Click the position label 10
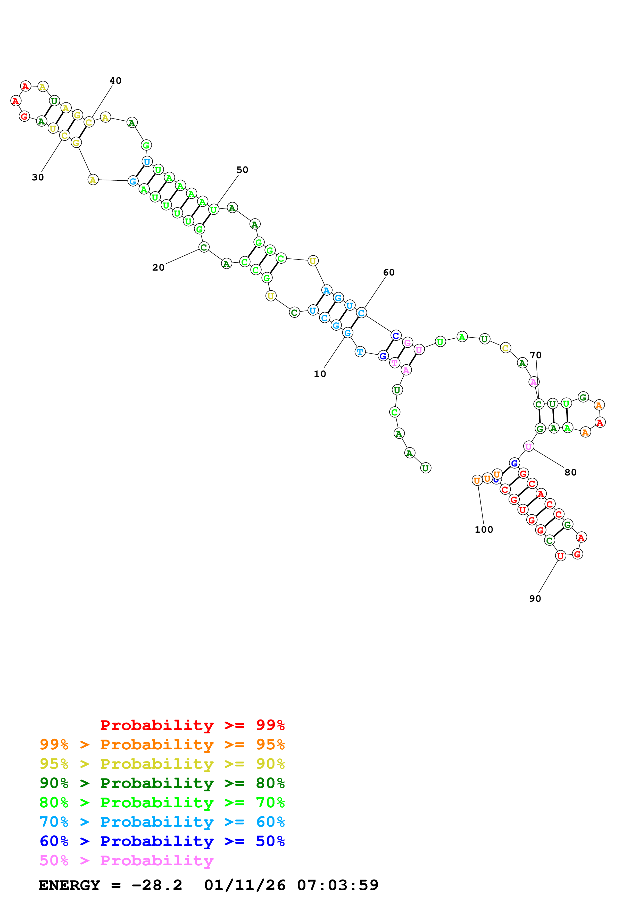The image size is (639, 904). pyautogui.click(x=320, y=374)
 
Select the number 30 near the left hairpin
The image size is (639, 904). pyautogui.click(x=38, y=177)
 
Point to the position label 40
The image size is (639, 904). pyautogui.click(x=115, y=81)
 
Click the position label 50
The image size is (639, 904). pyautogui.click(x=242, y=170)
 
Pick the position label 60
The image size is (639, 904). pyautogui.click(x=389, y=272)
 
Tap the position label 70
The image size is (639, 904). pyautogui.click(x=535, y=355)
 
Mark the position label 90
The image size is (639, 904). pyautogui.click(x=535, y=598)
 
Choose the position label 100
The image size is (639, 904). pyautogui.click(x=484, y=530)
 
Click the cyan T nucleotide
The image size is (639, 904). pyautogui.click(x=360, y=351)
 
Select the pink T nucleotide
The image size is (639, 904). pyautogui.click(x=394, y=363)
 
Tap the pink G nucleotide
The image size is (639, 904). pyautogui.click(x=408, y=342)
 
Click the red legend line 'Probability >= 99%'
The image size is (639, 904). pyautogui.click(x=192, y=725)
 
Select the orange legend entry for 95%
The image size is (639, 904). pyautogui.click(x=162, y=744)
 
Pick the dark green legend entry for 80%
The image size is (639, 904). pyautogui.click(x=162, y=783)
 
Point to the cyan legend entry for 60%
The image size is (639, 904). pyautogui.click(x=162, y=822)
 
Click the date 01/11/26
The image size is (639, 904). pyautogui.click(x=245, y=885)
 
